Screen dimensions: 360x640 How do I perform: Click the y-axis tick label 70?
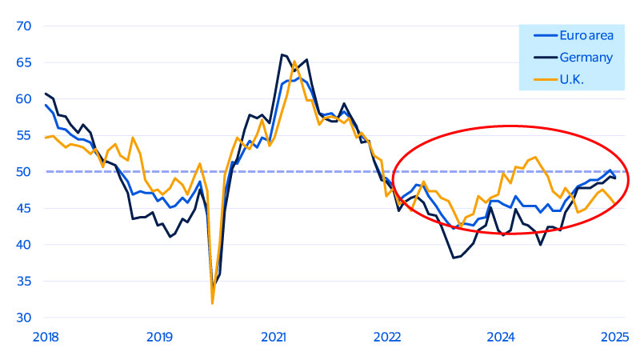pos(22,26)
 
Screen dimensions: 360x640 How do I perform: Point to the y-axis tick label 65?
pos(22,62)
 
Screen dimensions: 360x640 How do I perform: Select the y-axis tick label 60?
pos(22,98)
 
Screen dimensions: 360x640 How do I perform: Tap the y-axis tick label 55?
pos(22,135)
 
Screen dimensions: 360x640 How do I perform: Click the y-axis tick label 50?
pos(22,171)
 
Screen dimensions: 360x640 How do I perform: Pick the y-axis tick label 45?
pos(22,208)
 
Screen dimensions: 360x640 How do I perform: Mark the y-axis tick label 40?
pos(22,245)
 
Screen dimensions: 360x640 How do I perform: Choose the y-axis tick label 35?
pos(22,281)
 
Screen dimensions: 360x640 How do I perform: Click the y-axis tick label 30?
pos(22,318)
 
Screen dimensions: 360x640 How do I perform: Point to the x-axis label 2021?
pos(274,337)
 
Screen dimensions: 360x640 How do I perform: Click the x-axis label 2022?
pos(387,337)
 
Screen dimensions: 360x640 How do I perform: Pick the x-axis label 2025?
pos(614,337)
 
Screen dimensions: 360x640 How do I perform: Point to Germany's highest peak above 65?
pos(282,54)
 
